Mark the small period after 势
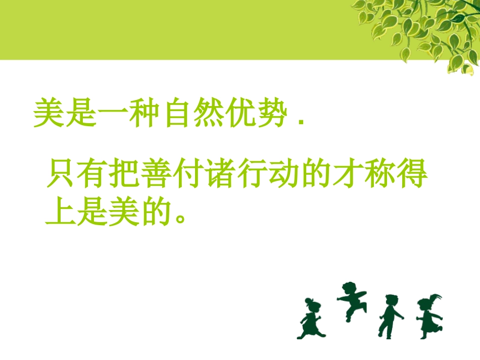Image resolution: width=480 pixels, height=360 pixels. point(302,123)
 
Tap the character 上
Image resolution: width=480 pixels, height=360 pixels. point(62,212)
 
